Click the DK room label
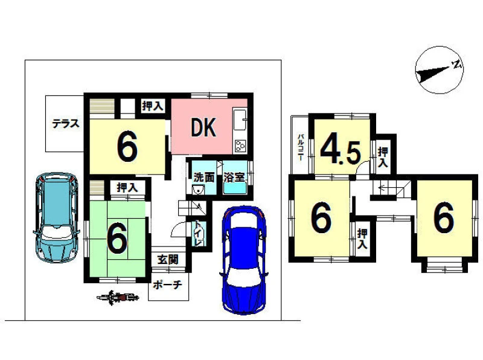coord(203,127)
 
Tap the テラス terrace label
coord(66,124)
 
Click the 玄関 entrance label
coord(168,260)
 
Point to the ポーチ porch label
coord(168,284)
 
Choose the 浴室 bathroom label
coord(234,177)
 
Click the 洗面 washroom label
coord(204,177)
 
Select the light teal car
coord(56,217)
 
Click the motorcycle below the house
coord(118,297)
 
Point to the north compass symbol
coord(440,69)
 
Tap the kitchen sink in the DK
coord(240,119)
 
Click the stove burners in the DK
coord(240,146)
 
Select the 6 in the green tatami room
coord(117,237)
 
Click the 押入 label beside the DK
coord(153,106)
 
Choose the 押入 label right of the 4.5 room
coord(383,157)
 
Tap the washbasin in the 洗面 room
coord(198,190)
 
